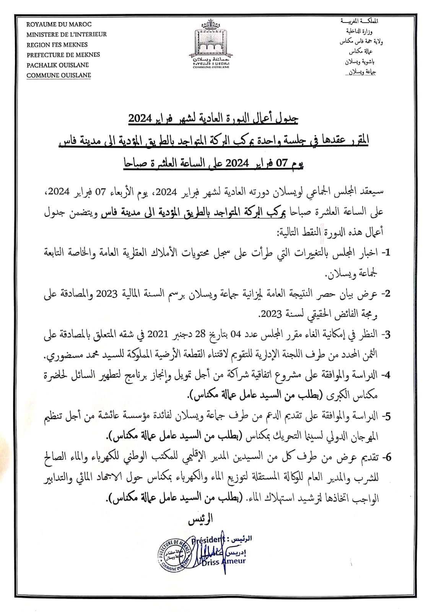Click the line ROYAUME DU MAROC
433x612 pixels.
click(x=54, y=24)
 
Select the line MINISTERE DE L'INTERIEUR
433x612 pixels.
click(x=67, y=34)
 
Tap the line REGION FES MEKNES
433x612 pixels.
click(x=57, y=45)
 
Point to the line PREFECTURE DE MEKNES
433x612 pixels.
click(x=63, y=55)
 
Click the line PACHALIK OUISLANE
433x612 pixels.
click(x=57, y=65)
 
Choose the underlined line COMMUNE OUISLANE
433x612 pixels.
click(x=59, y=75)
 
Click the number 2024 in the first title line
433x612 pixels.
click(x=140, y=119)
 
